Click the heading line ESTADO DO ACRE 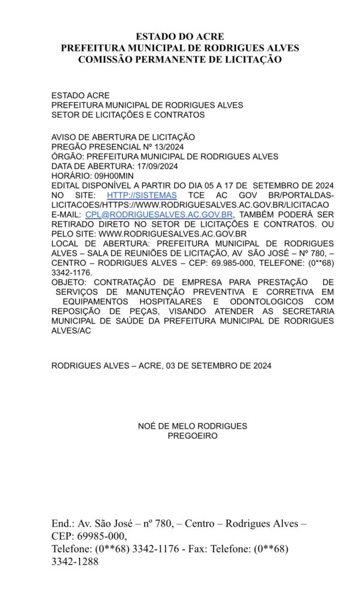click(x=179, y=37)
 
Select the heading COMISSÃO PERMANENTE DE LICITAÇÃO click(x=179, y=59)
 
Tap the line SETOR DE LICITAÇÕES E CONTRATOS click(x=128, y=115)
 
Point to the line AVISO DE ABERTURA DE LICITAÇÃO click(x=123, y=137)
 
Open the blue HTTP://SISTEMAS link click(x=142, y=195)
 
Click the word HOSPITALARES click(x=173, y=302)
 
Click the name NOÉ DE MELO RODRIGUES click(x=193, y=426)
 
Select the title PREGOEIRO click(x=193, y=436)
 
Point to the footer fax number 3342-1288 click(x=75, y=561)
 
